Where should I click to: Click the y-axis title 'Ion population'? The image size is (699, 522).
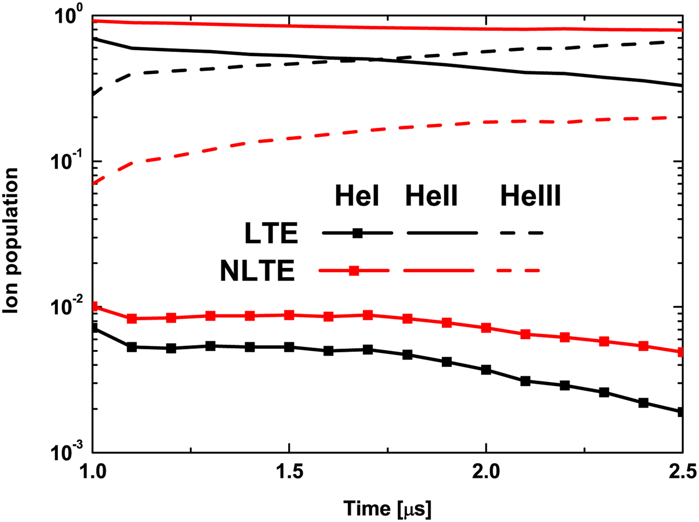click(11, 241)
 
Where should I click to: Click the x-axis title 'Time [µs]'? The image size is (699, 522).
click(387, 508)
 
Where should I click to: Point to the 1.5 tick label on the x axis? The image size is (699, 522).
click(289, 471)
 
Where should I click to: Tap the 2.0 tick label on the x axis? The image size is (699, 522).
click(486, 471)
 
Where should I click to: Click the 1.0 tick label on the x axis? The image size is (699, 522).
click(93, 471)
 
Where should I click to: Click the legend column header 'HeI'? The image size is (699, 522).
click(356, 195)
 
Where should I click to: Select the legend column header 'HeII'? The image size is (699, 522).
click(431, 195)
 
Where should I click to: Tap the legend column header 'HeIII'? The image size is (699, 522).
click(530, 195)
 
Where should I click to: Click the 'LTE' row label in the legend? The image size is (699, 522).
click(271, 233)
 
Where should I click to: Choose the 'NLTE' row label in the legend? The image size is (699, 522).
click(257, 271)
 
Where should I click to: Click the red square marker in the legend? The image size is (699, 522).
click(353, 271)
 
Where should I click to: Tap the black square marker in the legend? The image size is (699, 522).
click(357, 233)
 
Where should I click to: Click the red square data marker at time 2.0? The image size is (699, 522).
click(486, 328)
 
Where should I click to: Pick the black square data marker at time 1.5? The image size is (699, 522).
click(289, 347)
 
